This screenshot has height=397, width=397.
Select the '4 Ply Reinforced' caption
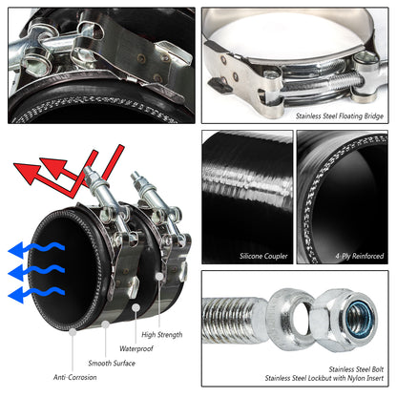[354, 256]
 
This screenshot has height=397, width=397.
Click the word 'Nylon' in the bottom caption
[355, 377]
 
